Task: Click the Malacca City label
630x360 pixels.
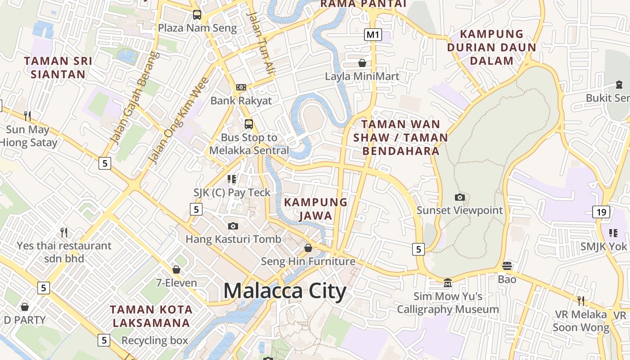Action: (x=284, y=291)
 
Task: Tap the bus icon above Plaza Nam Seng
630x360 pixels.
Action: (x=197, y=14)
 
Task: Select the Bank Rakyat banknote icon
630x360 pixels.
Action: (x=241, y=87)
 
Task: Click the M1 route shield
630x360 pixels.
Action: (x=373, y=35)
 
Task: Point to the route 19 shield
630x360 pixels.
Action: (x=601, y=211)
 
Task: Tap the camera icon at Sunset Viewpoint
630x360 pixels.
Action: (x=459, y=197)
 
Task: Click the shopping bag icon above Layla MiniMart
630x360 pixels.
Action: (x=362, y=63)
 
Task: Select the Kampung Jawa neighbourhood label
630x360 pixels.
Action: (x=316, y=209)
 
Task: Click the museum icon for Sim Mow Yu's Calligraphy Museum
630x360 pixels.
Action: (x=448, y=283)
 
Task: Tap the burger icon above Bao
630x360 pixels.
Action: (x=507, y=265)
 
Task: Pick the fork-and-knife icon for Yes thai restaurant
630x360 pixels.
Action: (x=64, y=232)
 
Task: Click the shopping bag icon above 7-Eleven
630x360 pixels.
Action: (x=176, y=270)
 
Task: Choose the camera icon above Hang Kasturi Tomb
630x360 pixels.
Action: (x=233, y=226)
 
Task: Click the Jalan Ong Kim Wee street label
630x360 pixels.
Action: (x=179, y=121)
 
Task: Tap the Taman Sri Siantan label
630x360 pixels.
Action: (x=58, y=67)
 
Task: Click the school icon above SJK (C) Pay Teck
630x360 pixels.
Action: (x=232, y=179)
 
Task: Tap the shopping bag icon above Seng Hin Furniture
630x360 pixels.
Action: (x=308, y=248)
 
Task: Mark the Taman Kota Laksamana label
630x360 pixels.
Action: (x=151, y=316)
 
